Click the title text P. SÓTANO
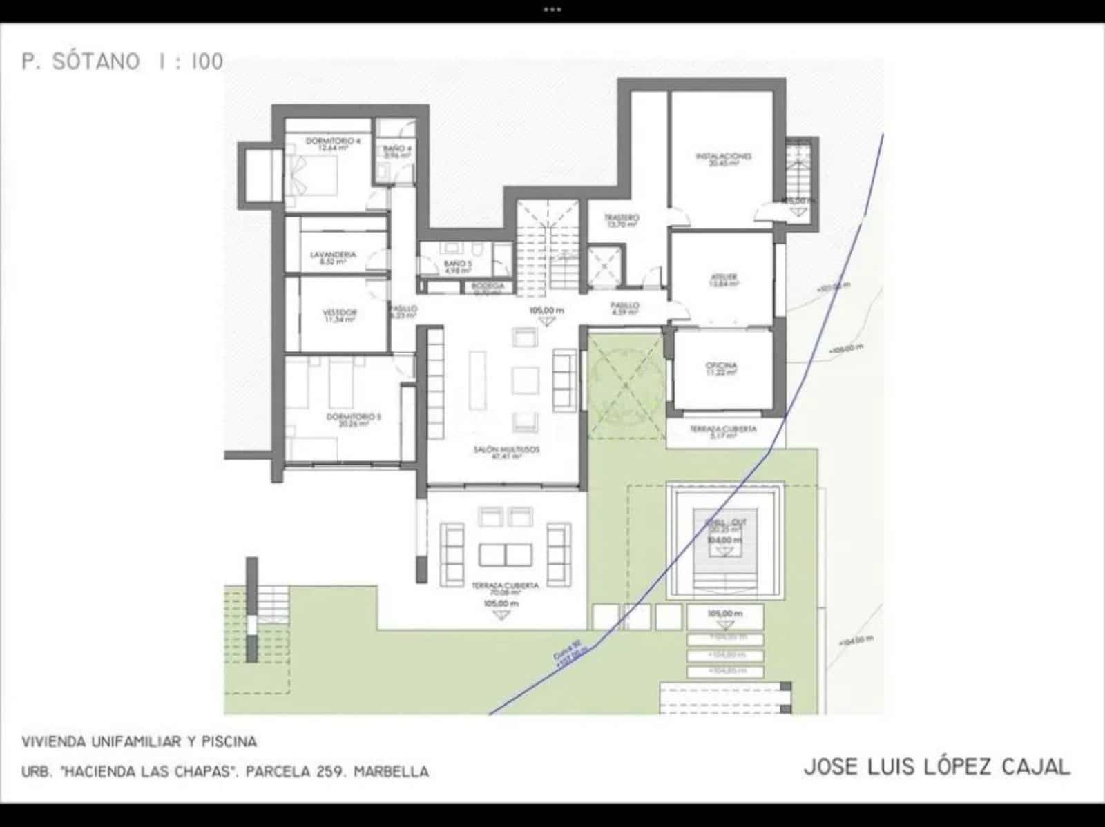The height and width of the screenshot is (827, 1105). point(80,61)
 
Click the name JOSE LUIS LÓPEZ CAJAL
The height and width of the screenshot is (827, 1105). point(937,767)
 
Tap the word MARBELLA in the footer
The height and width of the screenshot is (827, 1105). point(391,771)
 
